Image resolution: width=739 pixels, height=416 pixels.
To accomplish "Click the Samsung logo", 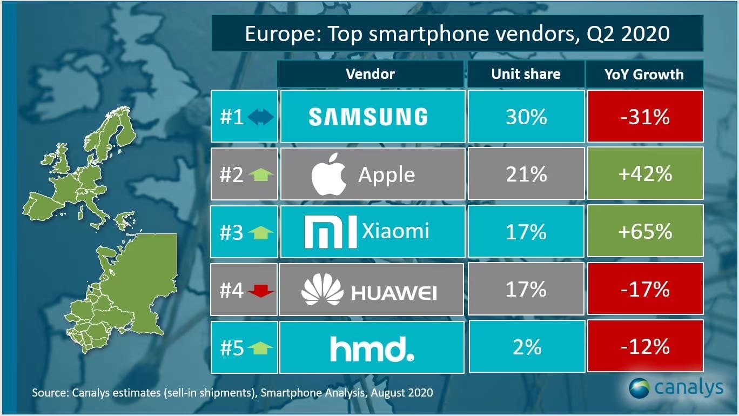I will pos(368,117).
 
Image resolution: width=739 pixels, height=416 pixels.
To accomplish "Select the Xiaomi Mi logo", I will pos(331,231).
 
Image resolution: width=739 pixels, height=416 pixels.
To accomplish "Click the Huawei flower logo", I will pos(322,290).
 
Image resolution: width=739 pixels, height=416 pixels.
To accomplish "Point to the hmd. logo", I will pos(372,348).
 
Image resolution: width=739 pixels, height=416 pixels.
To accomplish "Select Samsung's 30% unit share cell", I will pos(526,117).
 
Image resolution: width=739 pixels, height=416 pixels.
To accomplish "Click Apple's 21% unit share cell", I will pos(526,174).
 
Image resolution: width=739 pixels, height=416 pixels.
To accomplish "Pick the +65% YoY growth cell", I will pos(646,231).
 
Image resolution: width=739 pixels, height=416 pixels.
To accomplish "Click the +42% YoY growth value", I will pos(646,174).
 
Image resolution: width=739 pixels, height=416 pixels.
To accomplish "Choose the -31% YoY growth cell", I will pos(646,117).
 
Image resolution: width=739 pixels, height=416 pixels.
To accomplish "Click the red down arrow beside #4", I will pos(261,291).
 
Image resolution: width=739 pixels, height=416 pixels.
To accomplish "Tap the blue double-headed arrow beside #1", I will pos(261,117).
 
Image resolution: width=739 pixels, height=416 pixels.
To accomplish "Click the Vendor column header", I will pos(370,74).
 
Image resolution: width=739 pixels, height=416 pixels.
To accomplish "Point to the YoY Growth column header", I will pos(644,74).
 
